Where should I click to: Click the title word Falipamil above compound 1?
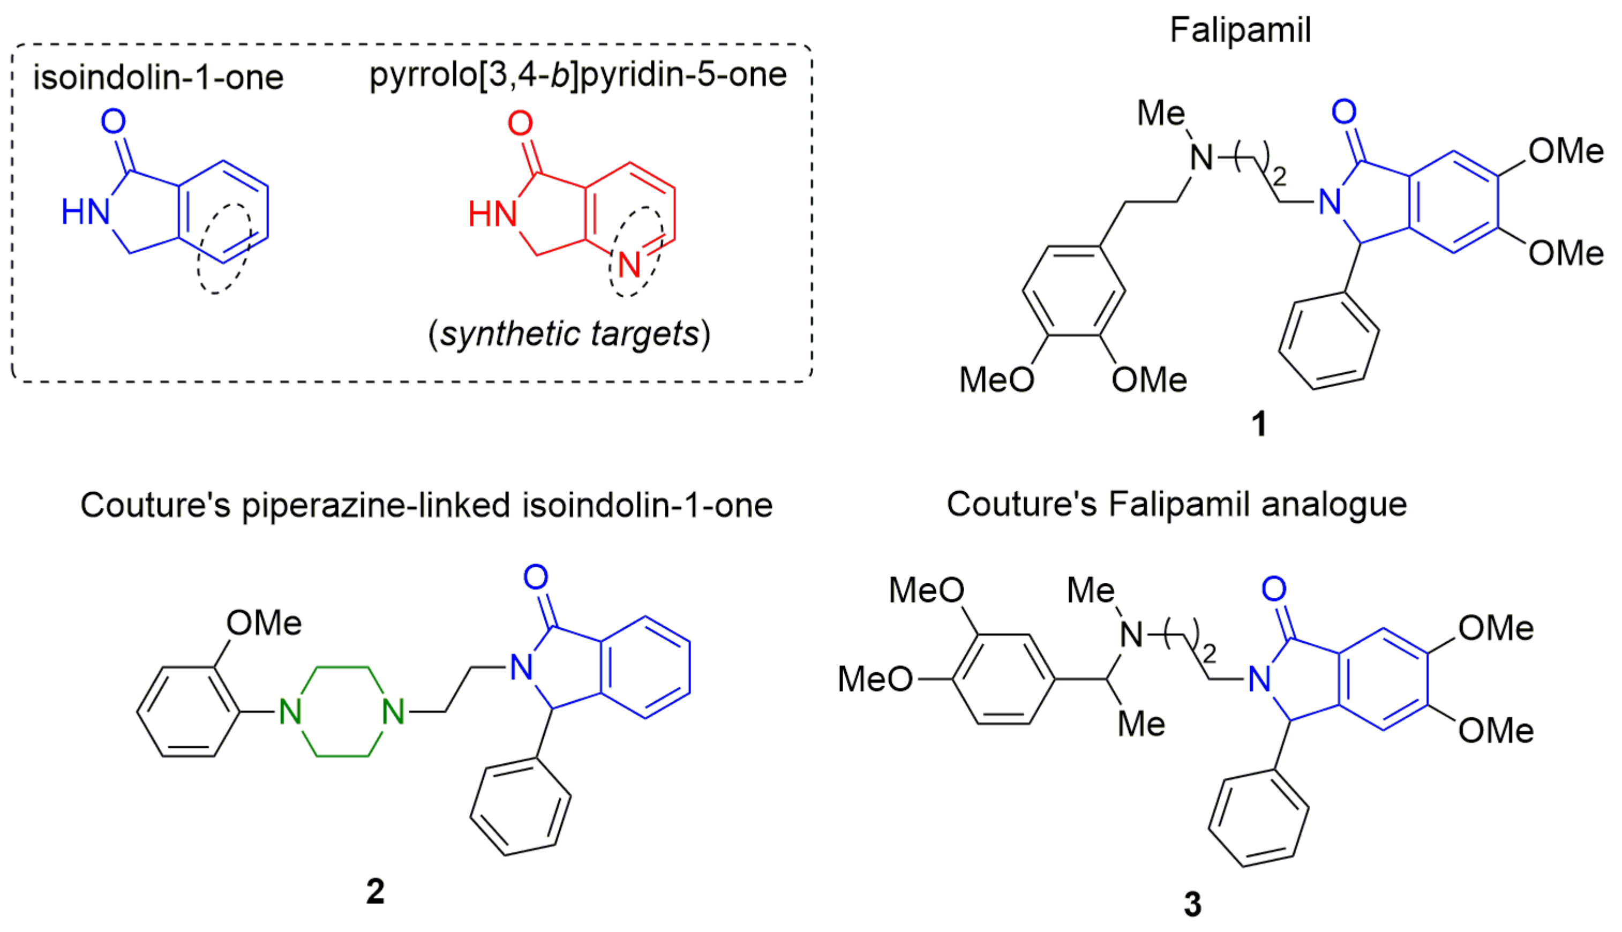(1240, 30)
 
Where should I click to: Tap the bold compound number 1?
(1258, 424)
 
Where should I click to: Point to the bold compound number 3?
(1192, 904)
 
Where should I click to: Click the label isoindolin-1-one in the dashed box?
(158, 78)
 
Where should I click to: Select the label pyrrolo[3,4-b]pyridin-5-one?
(578, 75)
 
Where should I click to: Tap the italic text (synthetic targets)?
(569, 334)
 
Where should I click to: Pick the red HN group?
(492, 214)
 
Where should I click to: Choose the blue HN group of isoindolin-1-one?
(85, 212)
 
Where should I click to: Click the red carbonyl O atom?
(520, 123)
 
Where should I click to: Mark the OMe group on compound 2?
(264, 623)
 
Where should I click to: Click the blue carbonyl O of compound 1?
(1343, 112)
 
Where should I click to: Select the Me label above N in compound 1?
(1160, 114)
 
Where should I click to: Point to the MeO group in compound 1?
(996, 380)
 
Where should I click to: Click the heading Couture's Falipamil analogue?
(1176, 504)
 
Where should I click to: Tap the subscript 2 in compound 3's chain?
(1209, 653)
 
